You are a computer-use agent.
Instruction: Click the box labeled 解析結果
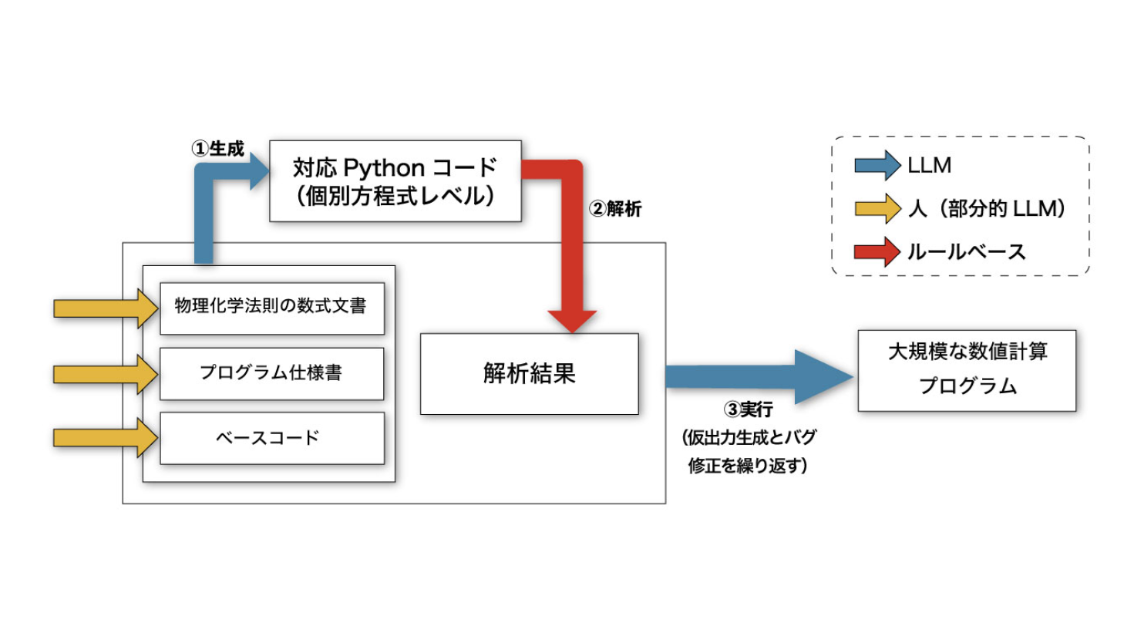pyautogui.click(x=529, y=374)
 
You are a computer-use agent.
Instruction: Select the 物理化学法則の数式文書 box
pyautogui.click(x=271, y=307)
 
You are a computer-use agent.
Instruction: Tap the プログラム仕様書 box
pyautogui.click(x=271, y=373)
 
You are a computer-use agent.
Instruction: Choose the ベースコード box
pyautogui.click(x=271, y=438)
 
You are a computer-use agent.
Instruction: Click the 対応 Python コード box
pyautogui.click(x=395, y=181)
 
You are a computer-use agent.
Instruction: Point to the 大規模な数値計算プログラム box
pyautogui.click(x=967, y=370)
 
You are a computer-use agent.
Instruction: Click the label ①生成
pyautogui.click(x=218, y=149)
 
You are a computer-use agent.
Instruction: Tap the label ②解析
pyautogui.click(x=615, y=209)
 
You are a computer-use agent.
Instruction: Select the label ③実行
pyautogui.click(x=748, y=409)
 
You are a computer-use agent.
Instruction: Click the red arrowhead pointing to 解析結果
pyautogui.click(x=572, y=318)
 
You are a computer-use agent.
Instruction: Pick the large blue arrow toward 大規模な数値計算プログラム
pyautogui.click(x=759, y=377)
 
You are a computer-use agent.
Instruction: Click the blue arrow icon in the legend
pyautogui.click(x=877, y=165)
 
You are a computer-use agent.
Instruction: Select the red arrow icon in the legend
pyautogui.click(x=877, y=251)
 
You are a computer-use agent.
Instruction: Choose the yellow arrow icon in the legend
pyautogui.click(x=877, y=208)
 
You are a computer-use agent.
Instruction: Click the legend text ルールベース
pyautogui.click(x=967, y=252)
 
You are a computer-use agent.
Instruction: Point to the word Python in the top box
pyautogui.click(x=384, y=168)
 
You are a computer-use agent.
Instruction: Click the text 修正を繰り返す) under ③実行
pyautogui.click(x=748, y=466)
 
